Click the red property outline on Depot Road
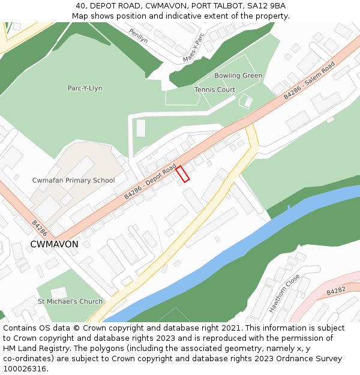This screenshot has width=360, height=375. (x=182, y=173)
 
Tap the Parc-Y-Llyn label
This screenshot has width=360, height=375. (x=85, y=88)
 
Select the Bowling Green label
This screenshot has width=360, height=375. (x=238, y=76)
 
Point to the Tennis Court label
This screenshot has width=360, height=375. (x=215, y=90)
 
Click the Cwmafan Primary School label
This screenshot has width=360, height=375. (x=73, y=180)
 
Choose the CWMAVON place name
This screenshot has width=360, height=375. (x=54, y=244)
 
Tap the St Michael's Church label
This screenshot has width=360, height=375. (x=70, y=301)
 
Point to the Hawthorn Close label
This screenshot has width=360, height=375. (x=284, y=293)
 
